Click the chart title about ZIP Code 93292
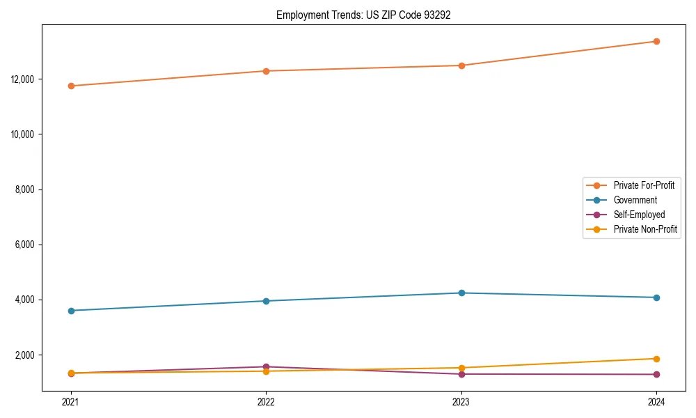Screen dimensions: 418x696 (363, 15)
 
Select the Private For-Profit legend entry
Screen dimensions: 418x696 (644, 185)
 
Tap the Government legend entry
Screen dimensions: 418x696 (635, 200)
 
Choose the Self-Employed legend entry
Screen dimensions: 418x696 (639, 215)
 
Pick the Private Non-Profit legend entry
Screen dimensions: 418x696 (645, 229)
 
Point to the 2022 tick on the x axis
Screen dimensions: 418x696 (266, 402)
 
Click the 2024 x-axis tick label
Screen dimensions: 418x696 (656, 402)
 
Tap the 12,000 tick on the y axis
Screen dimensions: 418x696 (24, 79)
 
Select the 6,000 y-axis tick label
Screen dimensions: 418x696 (26, 245)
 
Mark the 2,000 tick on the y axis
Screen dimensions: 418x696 (26, 355)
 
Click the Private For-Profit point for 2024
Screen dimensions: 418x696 (656, 41)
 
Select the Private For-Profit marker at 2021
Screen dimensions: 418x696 (71, 86)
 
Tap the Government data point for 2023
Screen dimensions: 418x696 (461, 293)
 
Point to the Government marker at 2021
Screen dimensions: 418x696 (71, 311)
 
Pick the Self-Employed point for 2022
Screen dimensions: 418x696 (266, 366)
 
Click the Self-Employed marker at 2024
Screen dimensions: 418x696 (656, 375)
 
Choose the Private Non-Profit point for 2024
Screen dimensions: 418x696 (656, 359)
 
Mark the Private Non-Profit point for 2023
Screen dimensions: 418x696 (461, 368)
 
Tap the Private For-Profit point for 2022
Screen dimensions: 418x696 (266, 71)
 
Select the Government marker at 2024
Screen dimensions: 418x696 (656, 297)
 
